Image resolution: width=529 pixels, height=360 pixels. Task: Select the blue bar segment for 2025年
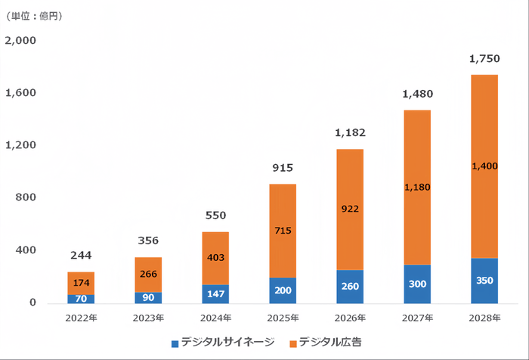point(283,290)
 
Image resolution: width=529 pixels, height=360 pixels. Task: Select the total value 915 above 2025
point(283,168)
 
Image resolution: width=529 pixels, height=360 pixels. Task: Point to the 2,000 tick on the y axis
point(20,40)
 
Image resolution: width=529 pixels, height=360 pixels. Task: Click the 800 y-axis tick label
point(26,197)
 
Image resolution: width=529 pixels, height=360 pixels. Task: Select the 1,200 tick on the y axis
point(20,145)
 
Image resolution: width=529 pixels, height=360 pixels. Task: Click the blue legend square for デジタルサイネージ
point(175,343)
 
